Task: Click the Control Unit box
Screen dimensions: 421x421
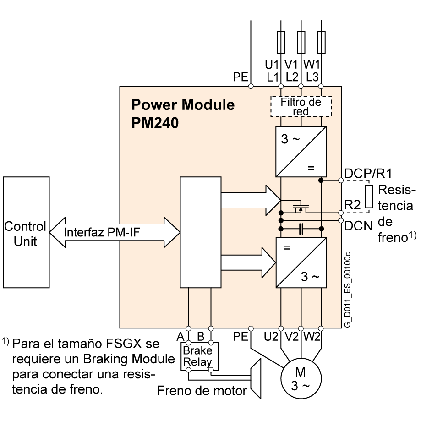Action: point(26,232)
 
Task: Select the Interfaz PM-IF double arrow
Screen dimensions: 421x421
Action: point(115,232)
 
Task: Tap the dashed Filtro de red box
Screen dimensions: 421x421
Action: point(301,106)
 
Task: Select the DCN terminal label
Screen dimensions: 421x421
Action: point(359,225)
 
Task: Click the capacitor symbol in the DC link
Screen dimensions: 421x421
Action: point(301,228)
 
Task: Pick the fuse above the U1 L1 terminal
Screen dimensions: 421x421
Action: point(281,42)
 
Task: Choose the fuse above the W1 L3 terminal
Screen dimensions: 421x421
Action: point(321,42)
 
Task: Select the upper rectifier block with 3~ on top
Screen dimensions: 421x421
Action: point(301,152)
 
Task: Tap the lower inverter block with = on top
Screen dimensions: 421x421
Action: point(301,262)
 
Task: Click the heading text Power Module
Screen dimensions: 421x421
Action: point(183,105)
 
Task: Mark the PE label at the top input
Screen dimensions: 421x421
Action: point(240,77)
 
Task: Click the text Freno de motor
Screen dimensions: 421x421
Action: point(202,391)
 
